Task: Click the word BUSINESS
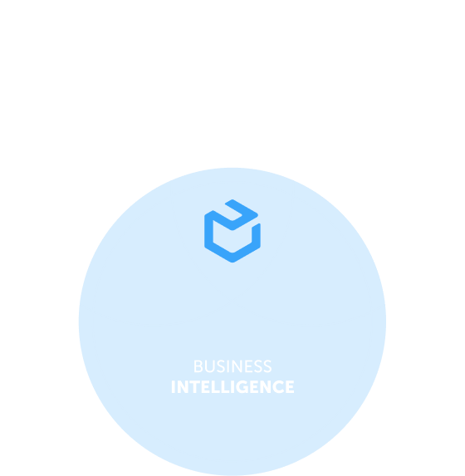coord(232,366)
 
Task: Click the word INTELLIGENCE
coord(232,387)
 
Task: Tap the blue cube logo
coord(232,231)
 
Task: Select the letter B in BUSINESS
coord(198,366)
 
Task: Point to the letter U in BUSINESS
coord(210,366)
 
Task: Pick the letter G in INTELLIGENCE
coord(242,387)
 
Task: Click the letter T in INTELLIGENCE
coord(195,387)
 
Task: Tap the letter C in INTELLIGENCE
coord(278,387)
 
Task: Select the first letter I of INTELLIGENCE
coord(174,387)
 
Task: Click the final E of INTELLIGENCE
coord(290,387)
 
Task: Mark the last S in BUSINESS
coord(267,366)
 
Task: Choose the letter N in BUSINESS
coord(237,366)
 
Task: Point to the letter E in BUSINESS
coord(248,366)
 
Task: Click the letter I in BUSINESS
coord(228,366)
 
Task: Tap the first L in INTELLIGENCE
coord(216,387)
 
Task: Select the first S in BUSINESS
coord(221,366)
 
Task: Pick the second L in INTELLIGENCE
coord(225,387)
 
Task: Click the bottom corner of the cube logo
coord(232,263)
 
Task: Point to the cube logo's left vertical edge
coord(208,231)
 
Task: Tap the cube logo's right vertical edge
coord(257,236)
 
